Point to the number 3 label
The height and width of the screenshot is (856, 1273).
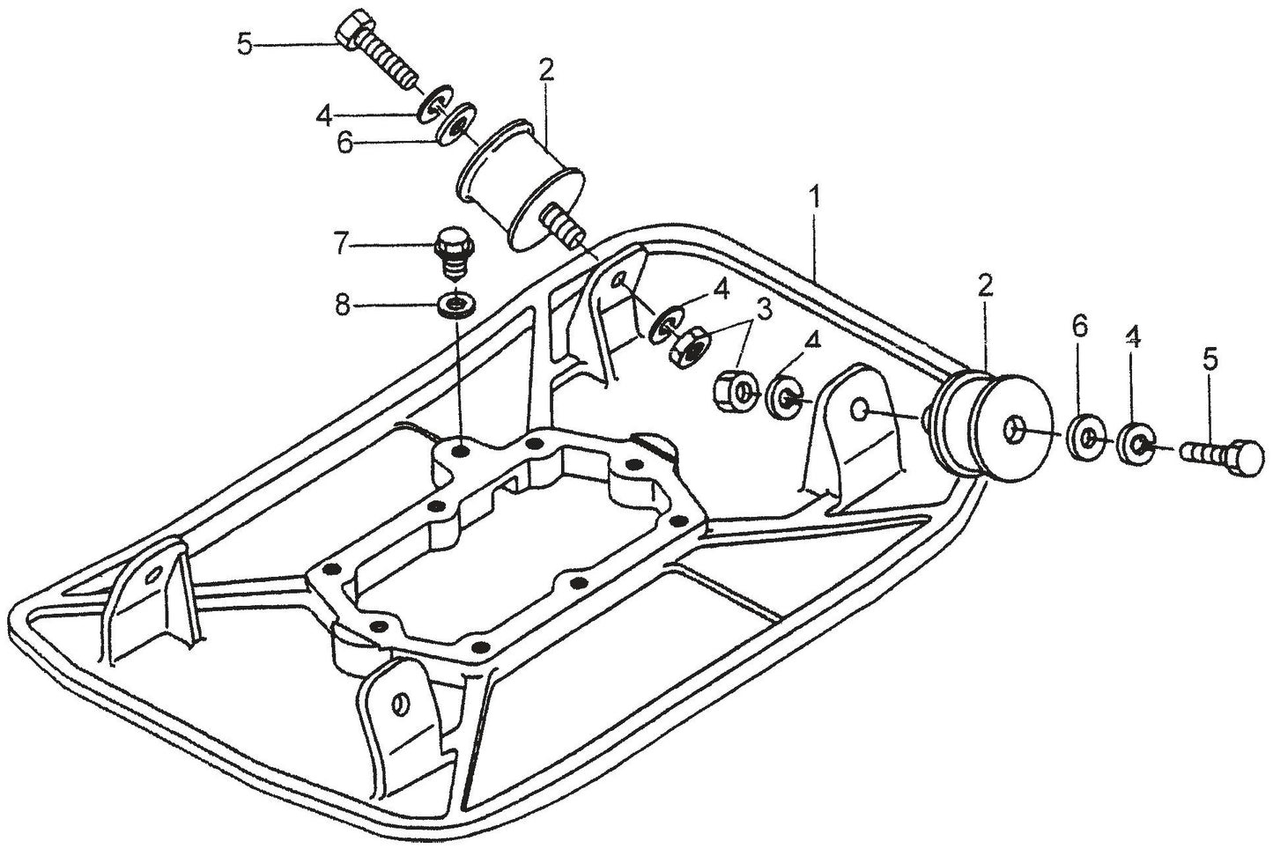tap(764, 309)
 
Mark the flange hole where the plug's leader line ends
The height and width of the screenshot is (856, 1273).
tap(459, 451)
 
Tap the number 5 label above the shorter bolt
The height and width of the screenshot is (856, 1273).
tap(1211, 359)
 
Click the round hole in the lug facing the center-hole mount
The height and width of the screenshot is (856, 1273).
tap(862, 410)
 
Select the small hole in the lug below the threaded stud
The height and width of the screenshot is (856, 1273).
tap(622, 279)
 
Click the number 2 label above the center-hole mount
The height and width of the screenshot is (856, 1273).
tap(985, 284)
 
